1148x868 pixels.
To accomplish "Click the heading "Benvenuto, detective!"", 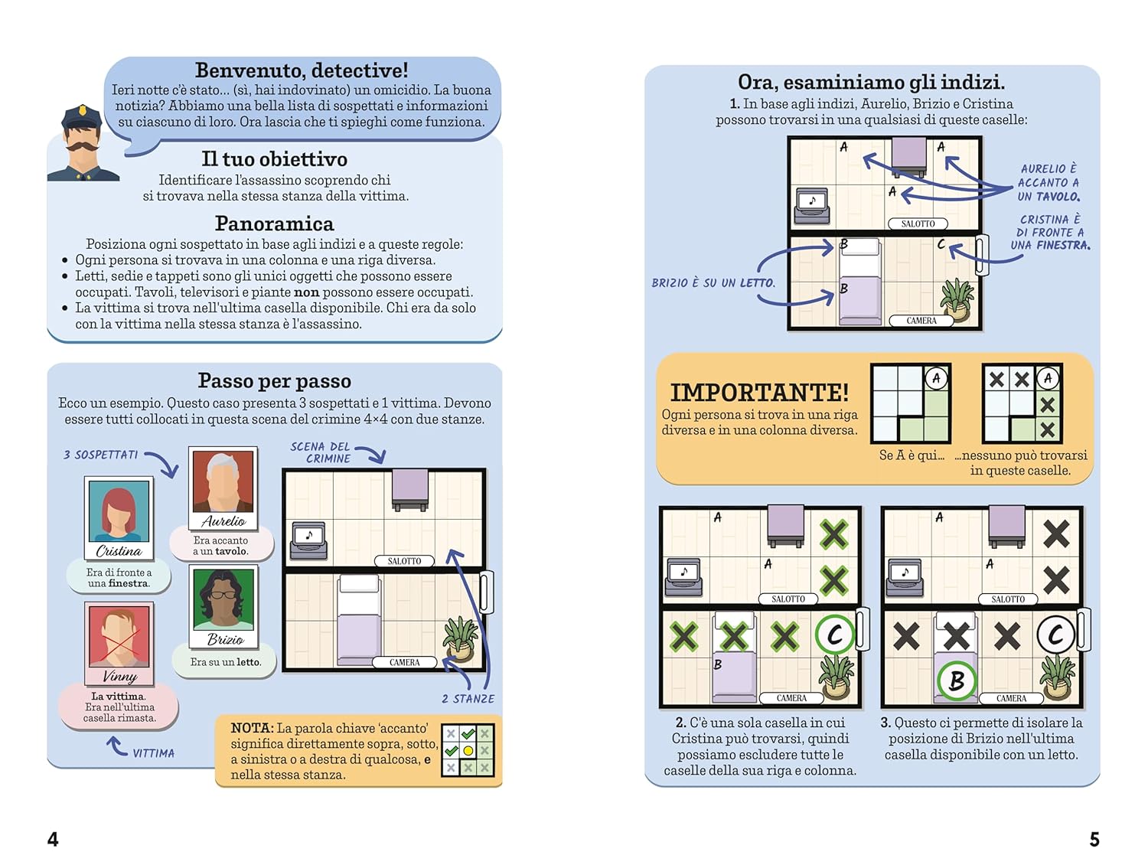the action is click(302, 70).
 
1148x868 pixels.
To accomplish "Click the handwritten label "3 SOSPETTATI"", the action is click(101, 455).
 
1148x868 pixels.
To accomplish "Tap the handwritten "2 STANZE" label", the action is click(468, 699).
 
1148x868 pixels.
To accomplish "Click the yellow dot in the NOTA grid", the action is click(468, 751).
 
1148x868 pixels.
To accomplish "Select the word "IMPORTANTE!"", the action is click(759, 392).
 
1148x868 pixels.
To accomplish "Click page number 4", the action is click(53, 839).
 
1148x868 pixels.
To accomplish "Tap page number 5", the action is click(1094, 839).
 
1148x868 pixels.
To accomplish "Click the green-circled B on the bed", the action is click(956, 680).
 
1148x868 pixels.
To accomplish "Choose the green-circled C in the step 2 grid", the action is click(835, 635).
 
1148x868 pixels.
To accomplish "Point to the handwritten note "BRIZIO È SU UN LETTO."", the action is click(713, 283).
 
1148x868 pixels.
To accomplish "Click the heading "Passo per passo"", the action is click(275, 380).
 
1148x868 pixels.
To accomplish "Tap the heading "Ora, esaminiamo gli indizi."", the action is click(871, 82).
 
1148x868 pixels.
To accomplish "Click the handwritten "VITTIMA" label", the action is click(153, 753).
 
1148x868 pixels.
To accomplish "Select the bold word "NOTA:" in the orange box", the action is click(252, 728).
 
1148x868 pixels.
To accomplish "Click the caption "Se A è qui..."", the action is click(912, 455).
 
